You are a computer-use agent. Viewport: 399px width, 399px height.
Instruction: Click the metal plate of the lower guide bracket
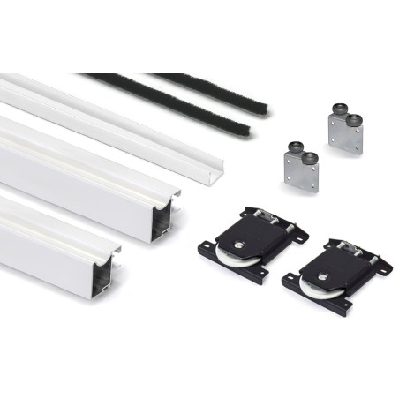click(x=299, y=171)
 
